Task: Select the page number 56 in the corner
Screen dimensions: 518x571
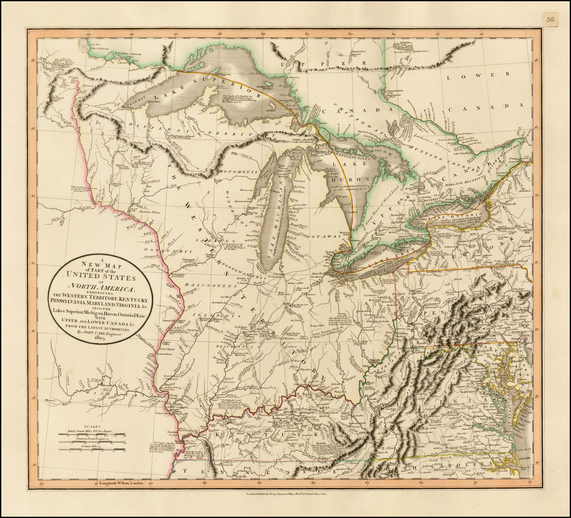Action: (x=550, y=20)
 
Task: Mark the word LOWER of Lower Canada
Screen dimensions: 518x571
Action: (x=491, y=74)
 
